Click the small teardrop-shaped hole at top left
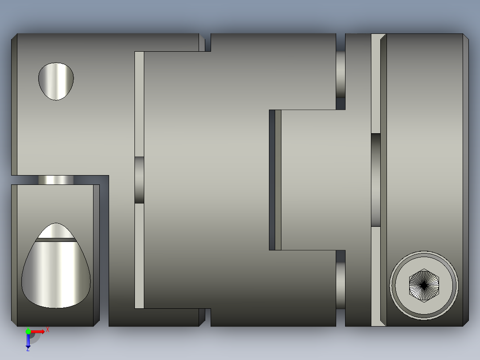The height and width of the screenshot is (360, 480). coord(56,81)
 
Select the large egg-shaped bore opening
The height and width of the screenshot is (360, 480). coord(56,270)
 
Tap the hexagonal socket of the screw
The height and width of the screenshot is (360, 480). coord(424,286)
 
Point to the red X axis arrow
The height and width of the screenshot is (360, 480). coord(38,332)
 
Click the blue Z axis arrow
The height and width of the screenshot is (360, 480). coord(28,340)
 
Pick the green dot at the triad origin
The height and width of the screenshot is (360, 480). coord(28,331)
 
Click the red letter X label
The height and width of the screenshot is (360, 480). coord(48,330)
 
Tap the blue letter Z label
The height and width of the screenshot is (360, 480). coord(28,349)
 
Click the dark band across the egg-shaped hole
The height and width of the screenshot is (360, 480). coord(56,240)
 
